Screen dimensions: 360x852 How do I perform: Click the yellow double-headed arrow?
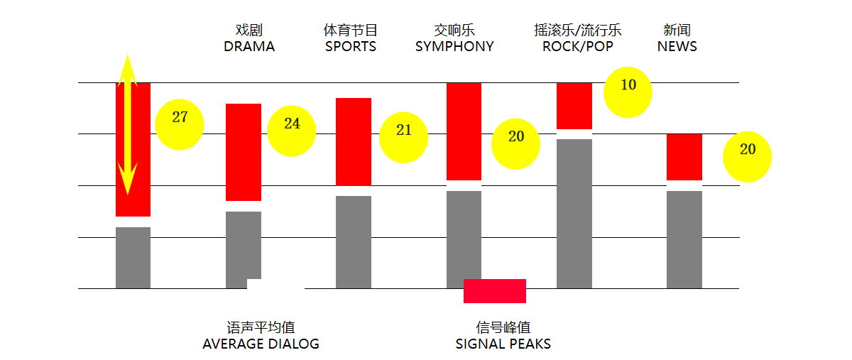point(127,124)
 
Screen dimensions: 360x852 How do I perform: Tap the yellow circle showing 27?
point(180,125)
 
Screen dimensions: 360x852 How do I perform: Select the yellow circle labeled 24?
point(291,131)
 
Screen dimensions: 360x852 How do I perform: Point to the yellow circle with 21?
point(403,138)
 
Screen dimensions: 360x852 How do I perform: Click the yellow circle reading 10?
point(628,92)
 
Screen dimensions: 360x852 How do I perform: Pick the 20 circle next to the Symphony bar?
point(515,143)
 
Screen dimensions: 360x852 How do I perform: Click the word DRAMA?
point(249,47)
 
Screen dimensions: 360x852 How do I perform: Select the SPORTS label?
point(351,47)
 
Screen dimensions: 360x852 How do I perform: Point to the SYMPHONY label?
point(454,47)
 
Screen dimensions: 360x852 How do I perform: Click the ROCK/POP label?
point(577,47)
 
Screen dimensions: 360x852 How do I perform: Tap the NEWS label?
point(677,47)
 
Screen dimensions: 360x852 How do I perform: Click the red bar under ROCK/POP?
point(574,106)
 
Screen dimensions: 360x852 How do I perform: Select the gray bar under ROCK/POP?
point(574,213)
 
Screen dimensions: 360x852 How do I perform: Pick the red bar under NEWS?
point(684,157)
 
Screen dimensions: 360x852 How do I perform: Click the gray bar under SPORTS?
point(354,241)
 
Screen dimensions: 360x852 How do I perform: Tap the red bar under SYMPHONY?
point(464,131)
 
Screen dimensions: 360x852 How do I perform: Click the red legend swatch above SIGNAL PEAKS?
point(494,291)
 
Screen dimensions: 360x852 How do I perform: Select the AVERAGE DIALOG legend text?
point(261,344)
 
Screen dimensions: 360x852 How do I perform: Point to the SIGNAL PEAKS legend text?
point(503,344)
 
